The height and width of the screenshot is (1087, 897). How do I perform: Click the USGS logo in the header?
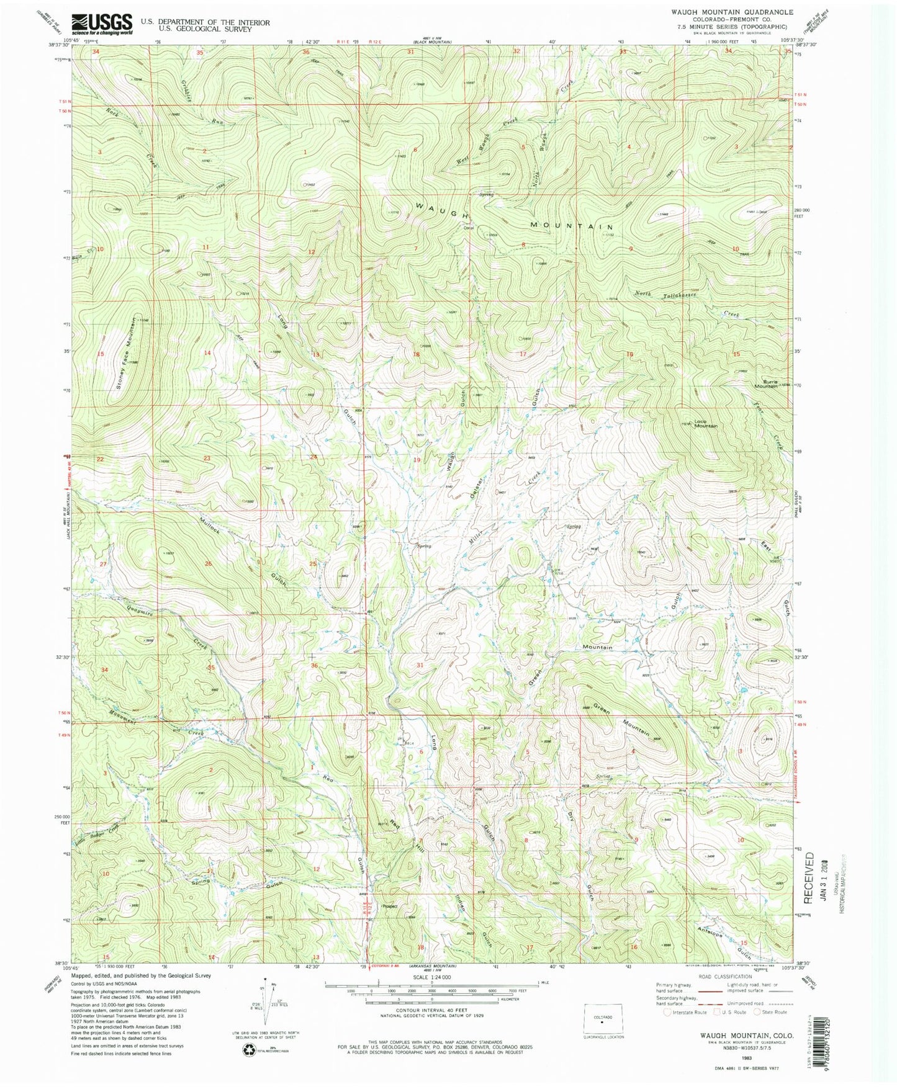pos(102,24)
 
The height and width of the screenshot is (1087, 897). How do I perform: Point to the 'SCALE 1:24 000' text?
pos(429,977)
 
